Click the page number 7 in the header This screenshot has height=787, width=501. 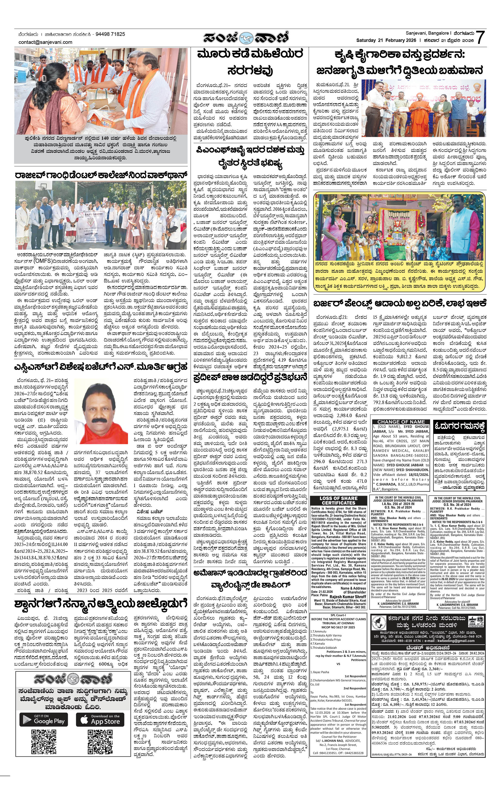click(480, 37)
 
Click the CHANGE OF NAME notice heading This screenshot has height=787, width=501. click(401, 422)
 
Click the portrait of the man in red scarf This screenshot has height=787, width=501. click(101, 411)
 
